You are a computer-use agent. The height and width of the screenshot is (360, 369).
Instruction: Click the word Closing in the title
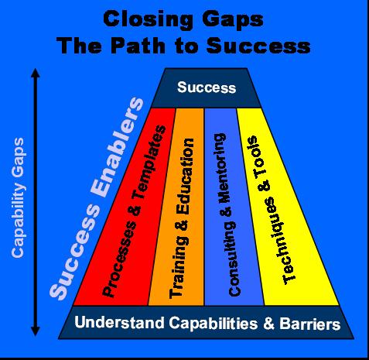pyautogui.click(x=148, y=20)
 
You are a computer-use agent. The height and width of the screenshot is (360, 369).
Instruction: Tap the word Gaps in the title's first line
pyautogui.click(x=233, y=20)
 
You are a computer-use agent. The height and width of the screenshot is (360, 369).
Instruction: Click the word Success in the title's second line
pyautogui.click(x=258, y=46)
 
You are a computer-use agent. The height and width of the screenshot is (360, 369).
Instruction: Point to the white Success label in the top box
pyautogui.click(x=207, y=87)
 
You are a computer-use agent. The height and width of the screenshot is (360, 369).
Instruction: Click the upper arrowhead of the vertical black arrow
pyautogui.click(x=36, y=73)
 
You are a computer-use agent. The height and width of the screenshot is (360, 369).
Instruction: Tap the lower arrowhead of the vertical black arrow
pyautogui.click(x=36, y=331)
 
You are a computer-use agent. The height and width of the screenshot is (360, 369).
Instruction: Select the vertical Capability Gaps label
pyautogui.click(x=18, y=197)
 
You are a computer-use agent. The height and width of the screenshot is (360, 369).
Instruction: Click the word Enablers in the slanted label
pyautogui.click(x=117, y=147)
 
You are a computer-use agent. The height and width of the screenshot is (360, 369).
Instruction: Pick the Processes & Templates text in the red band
pyautogui.click(x=134, y=211)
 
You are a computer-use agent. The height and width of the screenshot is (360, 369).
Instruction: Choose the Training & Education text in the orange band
pyautogui.click(x=181, y=218)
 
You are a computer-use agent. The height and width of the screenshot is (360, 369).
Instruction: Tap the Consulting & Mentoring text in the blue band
pyautogui.click(x=227, y=214)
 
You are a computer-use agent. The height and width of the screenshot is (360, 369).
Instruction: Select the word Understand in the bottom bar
pyautogui.click(x=120, y=322)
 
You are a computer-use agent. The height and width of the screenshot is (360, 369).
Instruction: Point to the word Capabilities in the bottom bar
pyautogui.click(x=214, y=324)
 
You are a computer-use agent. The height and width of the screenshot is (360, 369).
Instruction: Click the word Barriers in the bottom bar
pyautogui.click(x=310, y=324)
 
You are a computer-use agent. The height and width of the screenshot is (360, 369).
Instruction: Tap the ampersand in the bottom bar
pyautogui.click(x=268, y=324)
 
